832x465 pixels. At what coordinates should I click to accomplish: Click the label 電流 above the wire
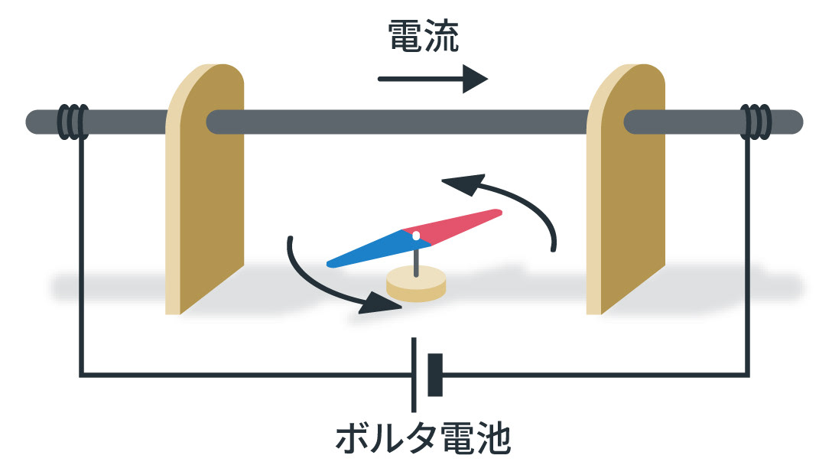coord(423,37)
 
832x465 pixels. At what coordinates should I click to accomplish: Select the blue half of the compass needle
coord(367,249)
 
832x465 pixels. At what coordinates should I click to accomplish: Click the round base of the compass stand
coord(416,285)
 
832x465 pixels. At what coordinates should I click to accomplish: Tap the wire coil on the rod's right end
coord(757,122)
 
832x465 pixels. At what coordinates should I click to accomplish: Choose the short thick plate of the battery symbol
coord(435,375)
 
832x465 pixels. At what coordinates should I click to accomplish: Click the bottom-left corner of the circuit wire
coord(81,375)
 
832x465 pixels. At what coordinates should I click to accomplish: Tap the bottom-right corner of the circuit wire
coord(749,375)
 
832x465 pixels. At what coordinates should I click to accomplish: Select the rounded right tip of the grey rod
coord(795,122)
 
